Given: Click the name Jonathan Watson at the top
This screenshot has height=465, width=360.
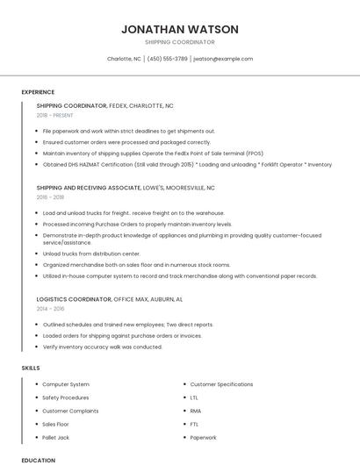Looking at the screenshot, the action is pos(179,29).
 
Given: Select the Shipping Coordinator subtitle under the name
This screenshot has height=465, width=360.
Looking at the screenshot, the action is pos(179,42).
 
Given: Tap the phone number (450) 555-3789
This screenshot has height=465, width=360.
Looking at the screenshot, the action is pos(167,59).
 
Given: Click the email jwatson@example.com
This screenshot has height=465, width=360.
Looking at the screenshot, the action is pos(223,59).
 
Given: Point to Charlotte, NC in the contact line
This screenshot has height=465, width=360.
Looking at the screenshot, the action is pos(124,59).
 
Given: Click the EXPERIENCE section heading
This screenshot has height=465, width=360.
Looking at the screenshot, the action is pos(38,92).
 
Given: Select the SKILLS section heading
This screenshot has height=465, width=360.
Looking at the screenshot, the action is pos(31,368).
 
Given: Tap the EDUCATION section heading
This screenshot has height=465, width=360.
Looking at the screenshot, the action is pos(38,460).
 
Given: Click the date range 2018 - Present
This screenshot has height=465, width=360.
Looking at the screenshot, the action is pos(56,115).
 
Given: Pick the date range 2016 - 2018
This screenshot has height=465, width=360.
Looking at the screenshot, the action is pos(50,197).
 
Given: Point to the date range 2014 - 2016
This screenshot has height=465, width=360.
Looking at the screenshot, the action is pos(50,309).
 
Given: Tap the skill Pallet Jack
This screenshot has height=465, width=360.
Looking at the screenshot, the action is pos(55,437).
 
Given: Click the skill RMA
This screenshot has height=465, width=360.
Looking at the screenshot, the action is pos(196,411).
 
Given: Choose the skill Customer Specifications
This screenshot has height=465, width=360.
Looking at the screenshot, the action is pos(221,384).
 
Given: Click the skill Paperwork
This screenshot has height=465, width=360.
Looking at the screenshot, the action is pos(203,437).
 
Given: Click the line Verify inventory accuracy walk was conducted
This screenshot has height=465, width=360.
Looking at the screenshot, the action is pos(102,347).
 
